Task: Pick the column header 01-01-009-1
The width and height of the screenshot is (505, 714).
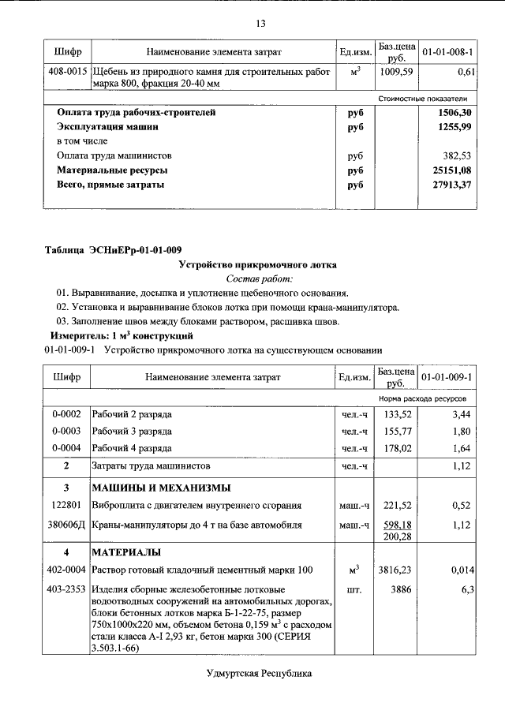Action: click(447, 378)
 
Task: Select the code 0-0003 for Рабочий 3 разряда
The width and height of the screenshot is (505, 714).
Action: click(67, 432)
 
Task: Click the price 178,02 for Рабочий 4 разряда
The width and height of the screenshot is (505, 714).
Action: click(398, 449)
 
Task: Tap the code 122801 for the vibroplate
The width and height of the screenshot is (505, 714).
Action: click(67, 505)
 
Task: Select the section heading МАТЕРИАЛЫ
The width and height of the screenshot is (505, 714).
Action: click(127, 551)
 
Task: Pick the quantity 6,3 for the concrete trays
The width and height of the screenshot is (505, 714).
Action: click(466, 589)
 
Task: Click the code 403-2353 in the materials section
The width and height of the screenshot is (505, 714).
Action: click(67, 589)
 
